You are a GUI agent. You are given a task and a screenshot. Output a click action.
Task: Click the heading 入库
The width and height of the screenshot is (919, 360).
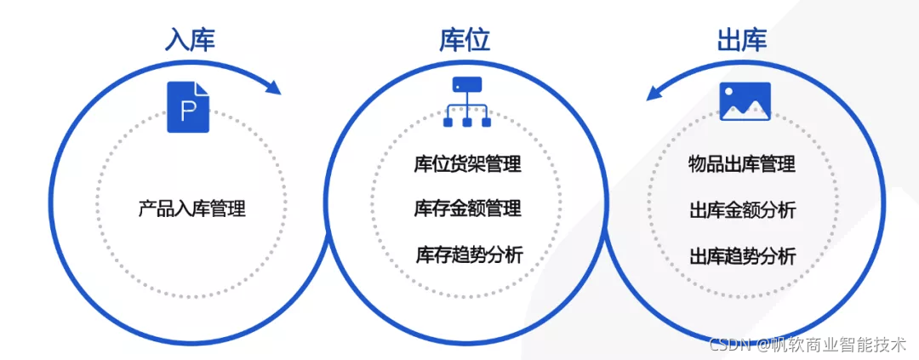click(x=190, y=39)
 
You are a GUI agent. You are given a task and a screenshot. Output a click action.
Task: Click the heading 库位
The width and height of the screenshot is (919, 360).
click(x=465, y=39)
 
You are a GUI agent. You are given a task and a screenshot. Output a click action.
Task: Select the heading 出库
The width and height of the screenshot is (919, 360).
click(x=742, y=39)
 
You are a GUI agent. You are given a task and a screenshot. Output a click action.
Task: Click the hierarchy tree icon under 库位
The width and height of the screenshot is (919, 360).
click(x=467, y=102)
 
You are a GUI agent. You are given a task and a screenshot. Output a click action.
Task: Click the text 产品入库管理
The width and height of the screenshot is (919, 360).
click(x=191, y=209)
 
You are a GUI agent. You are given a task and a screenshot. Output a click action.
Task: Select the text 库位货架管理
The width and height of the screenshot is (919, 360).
click(x=467, y=164)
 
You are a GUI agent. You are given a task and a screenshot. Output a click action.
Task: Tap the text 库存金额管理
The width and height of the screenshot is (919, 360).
click(x=467, y=209)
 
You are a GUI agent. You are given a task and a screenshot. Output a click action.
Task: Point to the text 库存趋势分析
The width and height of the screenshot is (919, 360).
click(x=469, y=254)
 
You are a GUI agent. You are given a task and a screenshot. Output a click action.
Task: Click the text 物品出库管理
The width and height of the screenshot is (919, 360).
click(x=742, y=164)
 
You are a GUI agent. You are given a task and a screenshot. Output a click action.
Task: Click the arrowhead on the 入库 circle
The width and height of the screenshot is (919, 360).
click(x=272, y=87)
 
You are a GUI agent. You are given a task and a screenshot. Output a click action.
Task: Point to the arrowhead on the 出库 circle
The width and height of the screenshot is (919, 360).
click(x=654, y=91)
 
